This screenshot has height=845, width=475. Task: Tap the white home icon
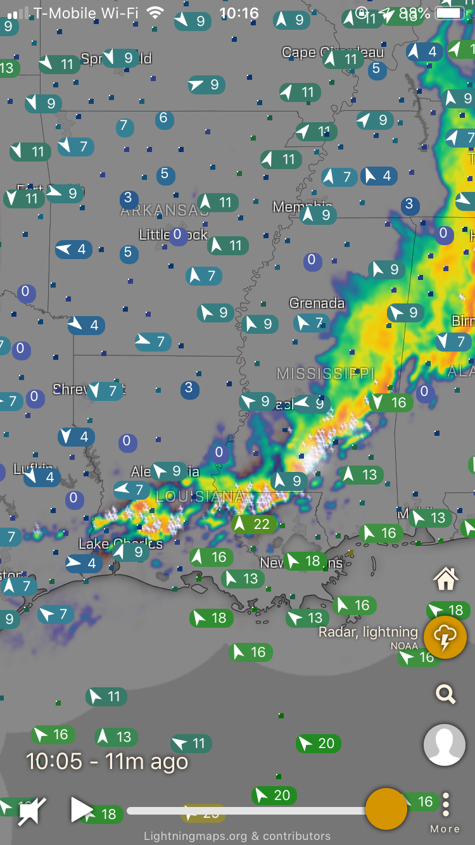coord(445,578)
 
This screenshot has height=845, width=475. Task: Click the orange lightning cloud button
coord(445,637)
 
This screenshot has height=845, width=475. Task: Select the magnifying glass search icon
coord(445,694)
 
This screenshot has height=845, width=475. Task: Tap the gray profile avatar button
coord(445,745)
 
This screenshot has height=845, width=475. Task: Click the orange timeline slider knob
coord(386,809)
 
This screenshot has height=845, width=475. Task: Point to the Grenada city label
coord(317,303)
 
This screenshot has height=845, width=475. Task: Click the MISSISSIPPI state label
coord(326,373)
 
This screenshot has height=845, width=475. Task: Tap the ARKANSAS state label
coord(164,211)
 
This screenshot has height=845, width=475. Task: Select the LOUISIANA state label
coord(201,496)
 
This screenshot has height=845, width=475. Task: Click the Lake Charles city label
coord(120,543)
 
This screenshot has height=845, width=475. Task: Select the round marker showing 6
coord(163,118)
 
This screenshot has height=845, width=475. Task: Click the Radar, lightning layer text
coord(368,632)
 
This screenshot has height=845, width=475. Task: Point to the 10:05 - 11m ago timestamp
coord(106,761)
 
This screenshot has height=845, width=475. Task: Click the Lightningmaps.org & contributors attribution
coord(237,836)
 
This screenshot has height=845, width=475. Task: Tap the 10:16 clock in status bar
coord(239,13)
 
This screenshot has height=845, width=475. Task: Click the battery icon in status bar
coord(450,13)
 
